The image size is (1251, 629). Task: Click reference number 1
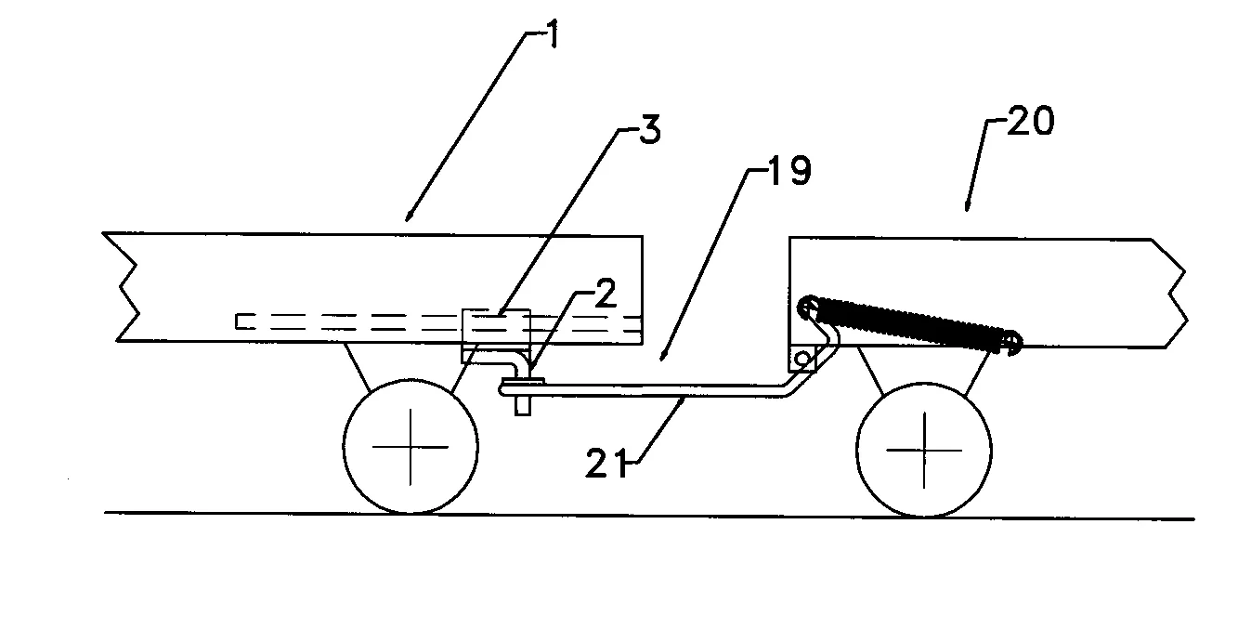pyautogui.click(x=553, y=33)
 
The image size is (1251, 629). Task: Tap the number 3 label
pyautogui.click(x=649, y=129)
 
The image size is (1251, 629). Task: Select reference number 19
pyautogui.click(x=789, y=170)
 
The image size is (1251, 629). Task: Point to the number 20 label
pyautogui.click(x=1031, y=121)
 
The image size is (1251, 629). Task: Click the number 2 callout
pyautogui.click(x=606, y=293)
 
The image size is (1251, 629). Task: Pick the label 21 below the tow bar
pyautogui.click(x=606, y=463)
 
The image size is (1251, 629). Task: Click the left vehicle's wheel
pyautogui.click(x=410, y=446)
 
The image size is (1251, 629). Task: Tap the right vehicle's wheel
pyautogui.click(x=924, y=450)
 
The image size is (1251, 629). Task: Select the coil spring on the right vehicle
pyautogui.click(x=910, y=324)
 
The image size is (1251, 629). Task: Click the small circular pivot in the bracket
pyautogui.click(x=803, y=358)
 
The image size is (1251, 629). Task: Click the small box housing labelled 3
pyautogui.click(x=496, y=336)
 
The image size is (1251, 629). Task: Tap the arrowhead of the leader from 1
pyautogui.click(x=409, y=216)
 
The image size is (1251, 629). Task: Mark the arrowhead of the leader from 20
pyautogui.click(x=968, y=206)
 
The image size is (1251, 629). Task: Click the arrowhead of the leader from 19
pyautogui.click(x=662, y=356)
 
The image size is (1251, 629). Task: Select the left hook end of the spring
pyautogui.click(x=807, y=307)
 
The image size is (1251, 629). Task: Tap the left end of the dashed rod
pyautogui.click(x=237, y=321)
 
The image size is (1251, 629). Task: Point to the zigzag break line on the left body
pyautogui.click(x=128, y=286)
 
